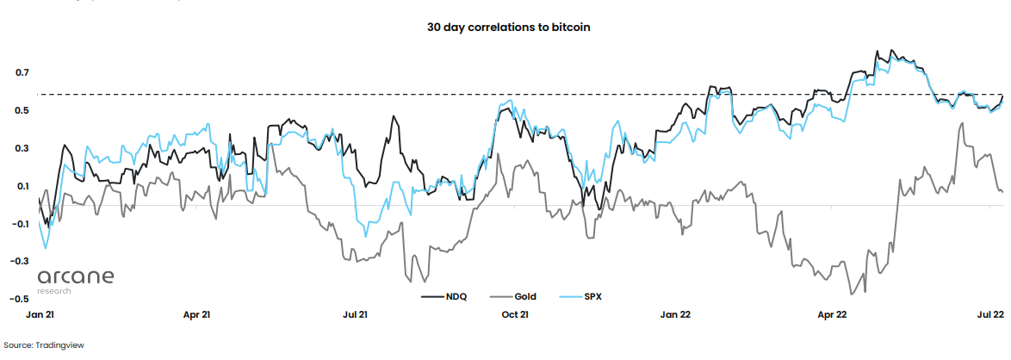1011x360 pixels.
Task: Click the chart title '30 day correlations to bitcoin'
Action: [x=508, y=27]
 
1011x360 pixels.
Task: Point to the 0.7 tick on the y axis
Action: [x=22, y=73]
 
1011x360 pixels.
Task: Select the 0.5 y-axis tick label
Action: [x=22, y=110]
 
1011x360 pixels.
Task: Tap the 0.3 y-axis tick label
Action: [x=22, y=148]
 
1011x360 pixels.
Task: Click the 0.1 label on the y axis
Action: [x=22, y=186]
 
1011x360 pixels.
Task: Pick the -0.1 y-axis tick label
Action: [x=21, y=224]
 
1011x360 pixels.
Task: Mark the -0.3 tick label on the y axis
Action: [x=21, y=261]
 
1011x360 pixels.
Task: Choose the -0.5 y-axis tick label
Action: [x=21, y=299]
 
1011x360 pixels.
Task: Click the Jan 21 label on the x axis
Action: [x=40, y=314]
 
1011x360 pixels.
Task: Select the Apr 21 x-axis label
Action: [x=196, y=314]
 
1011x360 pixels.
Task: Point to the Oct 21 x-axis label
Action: [x=515, y=314]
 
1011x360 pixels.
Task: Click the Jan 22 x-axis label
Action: [x=674, y=314]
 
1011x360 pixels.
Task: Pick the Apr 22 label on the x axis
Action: [x=832, y=314]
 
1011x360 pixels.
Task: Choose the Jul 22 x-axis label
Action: [x=990, y=314]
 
